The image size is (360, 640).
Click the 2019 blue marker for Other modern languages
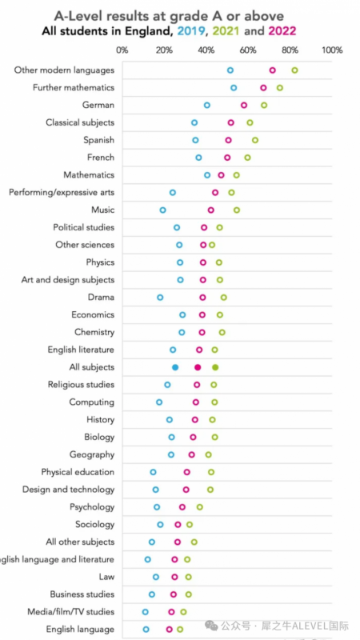point(228,70)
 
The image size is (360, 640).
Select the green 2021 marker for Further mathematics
point(277,88)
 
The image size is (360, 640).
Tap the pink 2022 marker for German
point(242,106)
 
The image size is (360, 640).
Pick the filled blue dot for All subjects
point(175,367)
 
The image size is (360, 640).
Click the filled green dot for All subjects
point(215,367)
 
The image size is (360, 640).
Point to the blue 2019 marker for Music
point(161,210)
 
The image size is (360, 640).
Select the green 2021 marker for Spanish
point(253,141)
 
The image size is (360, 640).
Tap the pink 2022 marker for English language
point(167,630)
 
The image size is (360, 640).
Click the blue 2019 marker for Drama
point(158,298)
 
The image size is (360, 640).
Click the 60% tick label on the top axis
point(248,50)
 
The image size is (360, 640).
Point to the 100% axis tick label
point(332,50)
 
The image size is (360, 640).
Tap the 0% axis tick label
point(122,50)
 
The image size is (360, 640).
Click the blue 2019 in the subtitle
point(190,31)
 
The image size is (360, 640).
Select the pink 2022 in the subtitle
point(282,31)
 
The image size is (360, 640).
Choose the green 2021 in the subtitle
point(226,31)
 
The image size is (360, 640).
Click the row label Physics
point(101,262)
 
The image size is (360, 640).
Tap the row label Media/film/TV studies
point(70,612)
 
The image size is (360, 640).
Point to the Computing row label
point(92,402)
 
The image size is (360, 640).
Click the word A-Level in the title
point(79,16)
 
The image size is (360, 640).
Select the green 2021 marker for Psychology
point(197,507)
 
